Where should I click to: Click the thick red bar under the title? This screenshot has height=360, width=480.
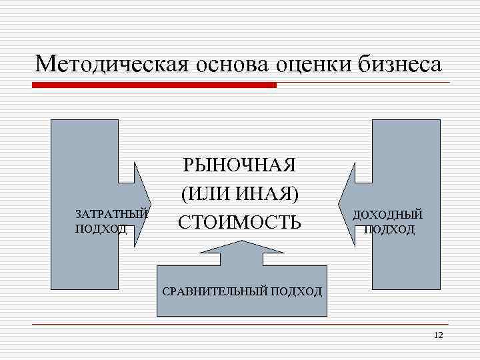(x=153, y=85)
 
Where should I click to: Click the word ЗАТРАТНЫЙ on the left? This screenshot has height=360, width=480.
(x=111, y=215)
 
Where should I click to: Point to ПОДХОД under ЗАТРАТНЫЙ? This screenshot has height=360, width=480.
(x=101, y=228)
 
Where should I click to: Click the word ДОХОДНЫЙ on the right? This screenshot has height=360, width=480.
(x=387, y=215)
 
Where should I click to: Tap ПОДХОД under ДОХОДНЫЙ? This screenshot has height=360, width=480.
(x=389, y=229)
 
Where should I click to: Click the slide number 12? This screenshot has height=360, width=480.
(x=438, y=335)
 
